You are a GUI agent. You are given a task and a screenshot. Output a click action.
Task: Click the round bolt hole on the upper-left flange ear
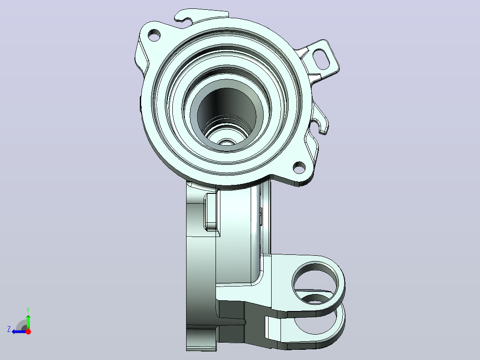coord(155,35)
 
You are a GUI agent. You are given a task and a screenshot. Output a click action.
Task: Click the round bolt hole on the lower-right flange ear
coord(299,167)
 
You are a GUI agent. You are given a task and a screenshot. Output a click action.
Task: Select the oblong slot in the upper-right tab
coord(321,59)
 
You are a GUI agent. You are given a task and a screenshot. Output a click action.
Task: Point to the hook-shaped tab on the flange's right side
coord(320,119)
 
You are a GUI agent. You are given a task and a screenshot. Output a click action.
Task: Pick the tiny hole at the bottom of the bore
coord(227,142)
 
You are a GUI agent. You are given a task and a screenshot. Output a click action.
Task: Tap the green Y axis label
coord(28,310)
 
